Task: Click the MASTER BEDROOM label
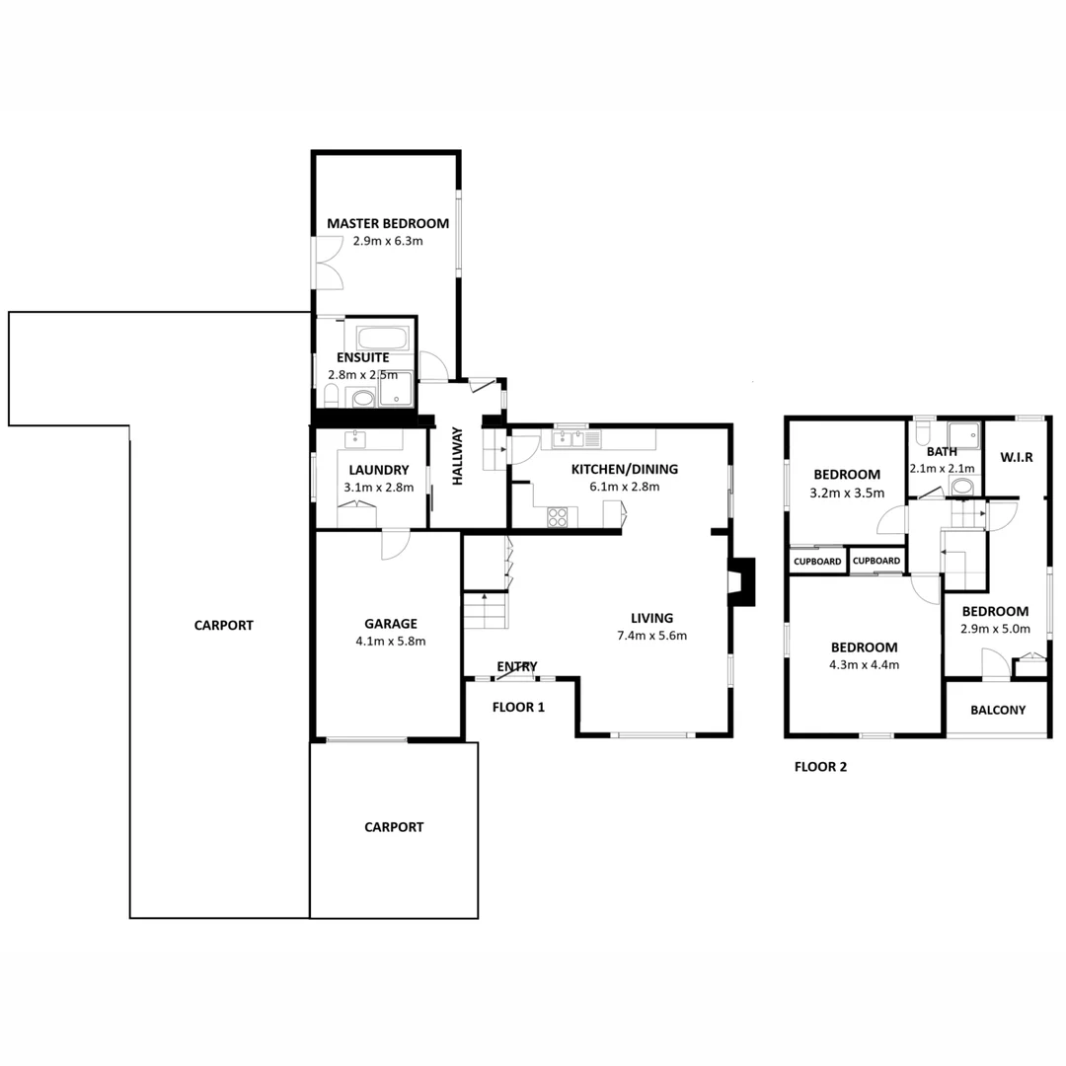coord(388,223)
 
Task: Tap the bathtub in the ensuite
coord(383,338)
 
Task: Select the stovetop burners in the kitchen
coord(558,516)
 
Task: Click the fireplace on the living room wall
coord(741,581)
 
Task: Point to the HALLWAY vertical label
coord(458,456)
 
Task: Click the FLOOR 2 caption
coord(820,767)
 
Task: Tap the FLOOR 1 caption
coord(518,707)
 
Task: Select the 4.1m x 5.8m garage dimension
coord(390,642)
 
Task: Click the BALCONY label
coord(997,710)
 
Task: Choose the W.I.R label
coord(1017,458)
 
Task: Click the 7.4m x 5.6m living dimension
coord(651,636)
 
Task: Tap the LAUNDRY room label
coord(379,470)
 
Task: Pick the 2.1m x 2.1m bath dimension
coord(942,469)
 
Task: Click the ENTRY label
coord(516,666)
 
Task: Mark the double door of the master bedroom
coord(328,263)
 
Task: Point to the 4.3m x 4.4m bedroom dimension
coord(864,665)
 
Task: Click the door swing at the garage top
coord(395,545)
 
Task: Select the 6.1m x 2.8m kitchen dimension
coord(624,487)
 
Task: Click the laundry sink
coord(355,440)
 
